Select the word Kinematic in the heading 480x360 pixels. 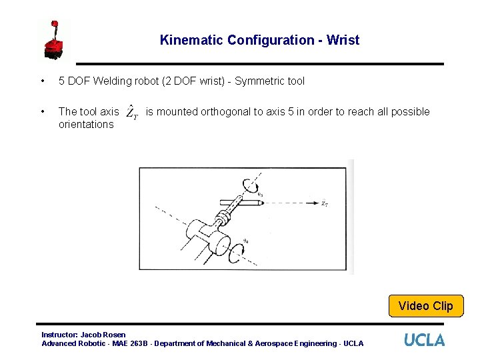(191, 40)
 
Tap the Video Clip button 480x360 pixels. (425, 306)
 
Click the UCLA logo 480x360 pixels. (424, 340)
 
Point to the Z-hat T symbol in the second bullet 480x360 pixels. (132, 112)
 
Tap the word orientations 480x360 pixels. (86, 125)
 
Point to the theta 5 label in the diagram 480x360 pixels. (260, 195)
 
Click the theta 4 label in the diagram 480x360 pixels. (246, 241)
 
